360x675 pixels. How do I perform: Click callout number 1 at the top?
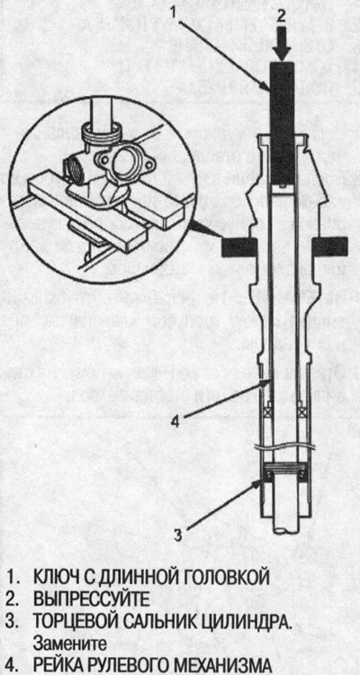(x=175, y=12)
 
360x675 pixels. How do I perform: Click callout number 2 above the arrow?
(x=281, y=15)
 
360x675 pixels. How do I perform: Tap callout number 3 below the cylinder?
(x=179, y=535)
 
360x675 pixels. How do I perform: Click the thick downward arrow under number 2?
(x=282, y=43)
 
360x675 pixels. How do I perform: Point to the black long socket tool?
(x=282, y=124)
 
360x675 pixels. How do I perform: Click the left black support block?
(x=239, y=247)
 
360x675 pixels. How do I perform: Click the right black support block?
(x=330, y=247)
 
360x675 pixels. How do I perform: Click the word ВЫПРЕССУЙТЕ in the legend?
(x=91, y=598)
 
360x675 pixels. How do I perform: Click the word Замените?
(x=69, y=643)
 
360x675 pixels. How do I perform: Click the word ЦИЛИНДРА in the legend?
(x=248, y=622)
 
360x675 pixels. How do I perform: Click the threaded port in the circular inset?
(x=73, y=166)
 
